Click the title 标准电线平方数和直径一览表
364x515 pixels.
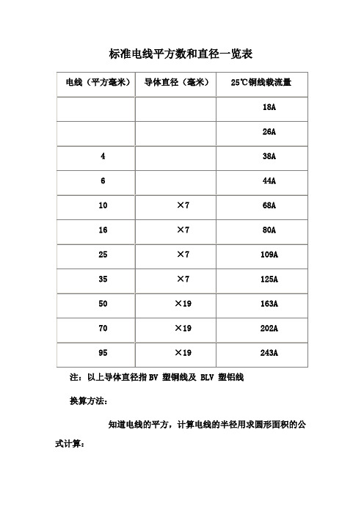pos(181,54)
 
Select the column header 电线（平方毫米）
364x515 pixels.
pos(94,83)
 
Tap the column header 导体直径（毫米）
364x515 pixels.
pos(178,83)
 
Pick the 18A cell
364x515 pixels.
pos(269,107)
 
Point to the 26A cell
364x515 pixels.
pos(269,132)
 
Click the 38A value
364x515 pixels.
pos(269,156)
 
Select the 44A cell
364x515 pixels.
pos(269,181)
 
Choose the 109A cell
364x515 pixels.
pos(269,255)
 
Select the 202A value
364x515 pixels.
pos(269,329)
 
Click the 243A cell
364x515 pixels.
pos(269,353)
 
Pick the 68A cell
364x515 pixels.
pos(269,205)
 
